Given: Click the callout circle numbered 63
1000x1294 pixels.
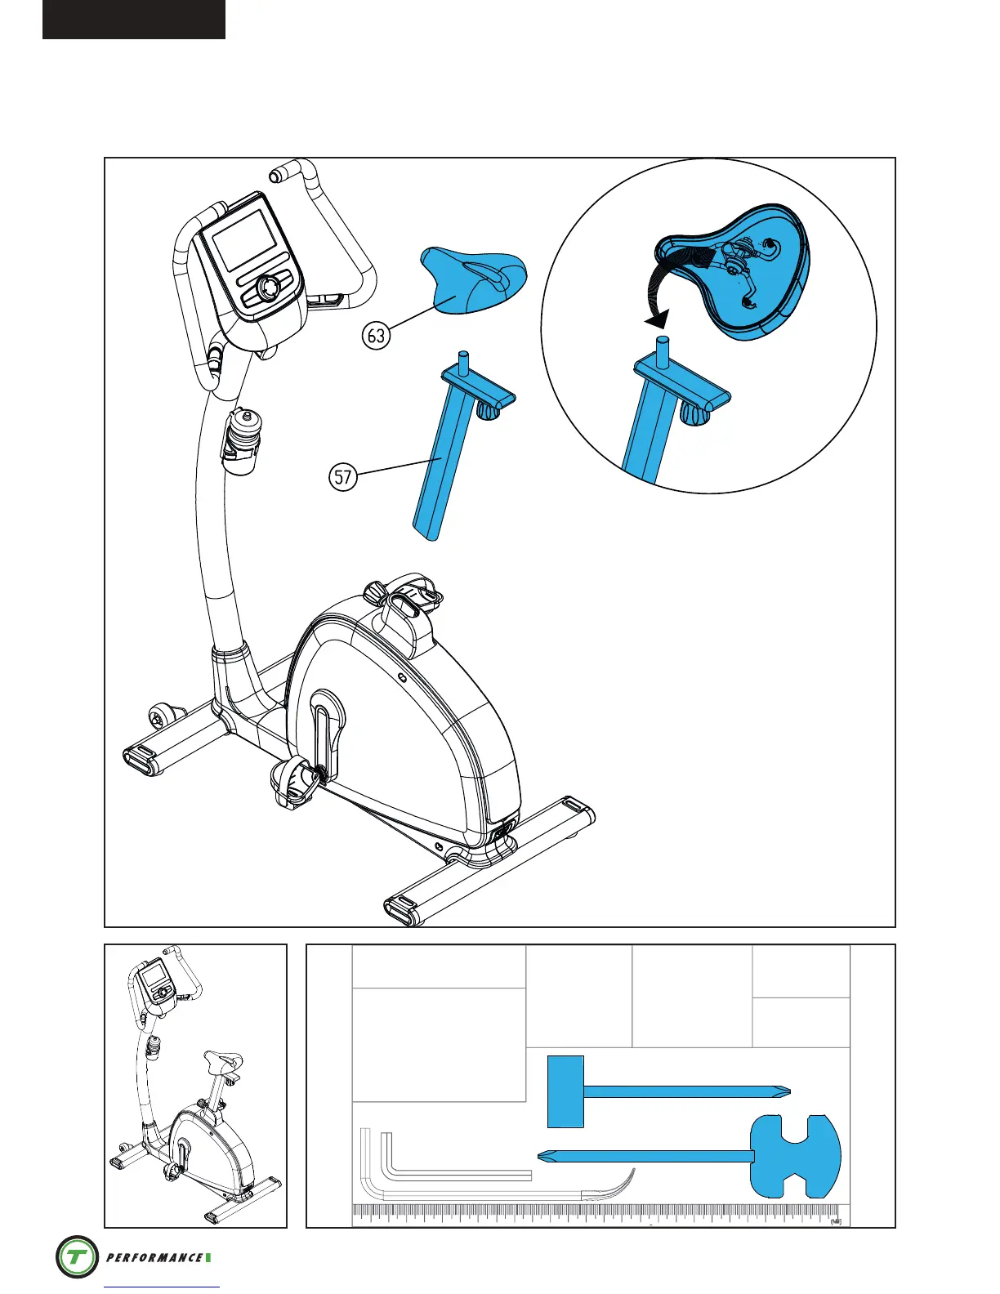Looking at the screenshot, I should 376,336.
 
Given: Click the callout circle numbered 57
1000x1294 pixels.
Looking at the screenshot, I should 343,476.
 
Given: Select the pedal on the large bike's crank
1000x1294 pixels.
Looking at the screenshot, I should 294,780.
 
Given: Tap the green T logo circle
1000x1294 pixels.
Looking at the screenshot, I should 77,1256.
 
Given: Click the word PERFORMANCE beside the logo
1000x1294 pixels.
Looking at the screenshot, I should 154,1257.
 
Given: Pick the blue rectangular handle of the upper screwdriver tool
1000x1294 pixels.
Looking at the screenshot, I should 565,1091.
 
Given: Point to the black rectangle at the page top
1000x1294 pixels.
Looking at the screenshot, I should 134,19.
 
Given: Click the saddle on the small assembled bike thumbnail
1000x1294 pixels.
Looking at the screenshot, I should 223,1063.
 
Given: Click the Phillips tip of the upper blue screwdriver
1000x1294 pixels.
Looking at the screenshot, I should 782,1091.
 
